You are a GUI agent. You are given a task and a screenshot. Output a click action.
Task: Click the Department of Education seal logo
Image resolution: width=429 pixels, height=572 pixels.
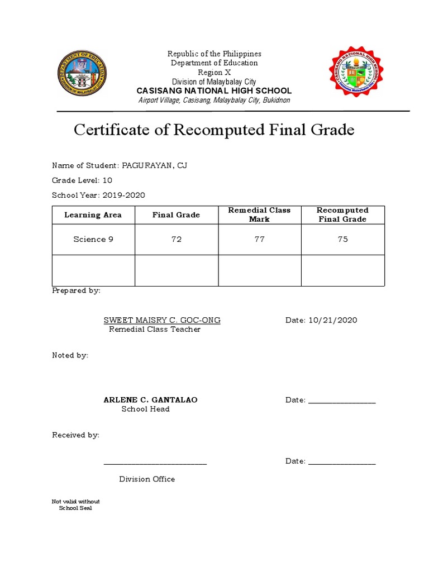(x=83, y=74)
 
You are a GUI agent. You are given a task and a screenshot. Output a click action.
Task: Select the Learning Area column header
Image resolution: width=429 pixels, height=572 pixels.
(x=93, y=215)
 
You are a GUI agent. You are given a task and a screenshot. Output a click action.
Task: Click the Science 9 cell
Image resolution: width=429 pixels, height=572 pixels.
(x=93, y=239)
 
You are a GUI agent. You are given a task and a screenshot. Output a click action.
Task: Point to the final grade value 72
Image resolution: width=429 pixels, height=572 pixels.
(x=177, y=239)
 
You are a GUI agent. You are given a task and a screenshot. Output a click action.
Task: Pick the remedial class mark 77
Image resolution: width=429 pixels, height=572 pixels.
(x=259, y=239)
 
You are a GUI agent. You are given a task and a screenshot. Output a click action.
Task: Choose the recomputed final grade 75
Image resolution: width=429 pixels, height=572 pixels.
(x=342, y=239)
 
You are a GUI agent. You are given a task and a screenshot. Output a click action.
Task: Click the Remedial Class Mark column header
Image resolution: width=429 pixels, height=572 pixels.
(x=259, y=214)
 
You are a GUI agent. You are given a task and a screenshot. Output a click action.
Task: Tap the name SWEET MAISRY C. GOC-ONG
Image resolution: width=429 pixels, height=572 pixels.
(x=162, y=320)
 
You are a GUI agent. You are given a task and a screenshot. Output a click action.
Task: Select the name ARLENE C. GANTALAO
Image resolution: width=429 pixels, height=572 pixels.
(x=150, y=400)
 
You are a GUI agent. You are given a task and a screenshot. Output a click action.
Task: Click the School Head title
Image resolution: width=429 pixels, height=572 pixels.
(x=146, y=409)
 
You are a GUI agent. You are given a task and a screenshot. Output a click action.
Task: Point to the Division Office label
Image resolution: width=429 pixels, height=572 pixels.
(x=147, y=479)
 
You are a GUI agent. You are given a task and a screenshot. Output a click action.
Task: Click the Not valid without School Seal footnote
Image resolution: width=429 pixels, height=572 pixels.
(x=76, y=505)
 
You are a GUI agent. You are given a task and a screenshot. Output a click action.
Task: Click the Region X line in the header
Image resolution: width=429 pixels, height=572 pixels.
(x=214, y=73)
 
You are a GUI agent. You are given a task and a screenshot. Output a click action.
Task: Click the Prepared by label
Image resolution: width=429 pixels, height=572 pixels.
(x=76, y=291)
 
